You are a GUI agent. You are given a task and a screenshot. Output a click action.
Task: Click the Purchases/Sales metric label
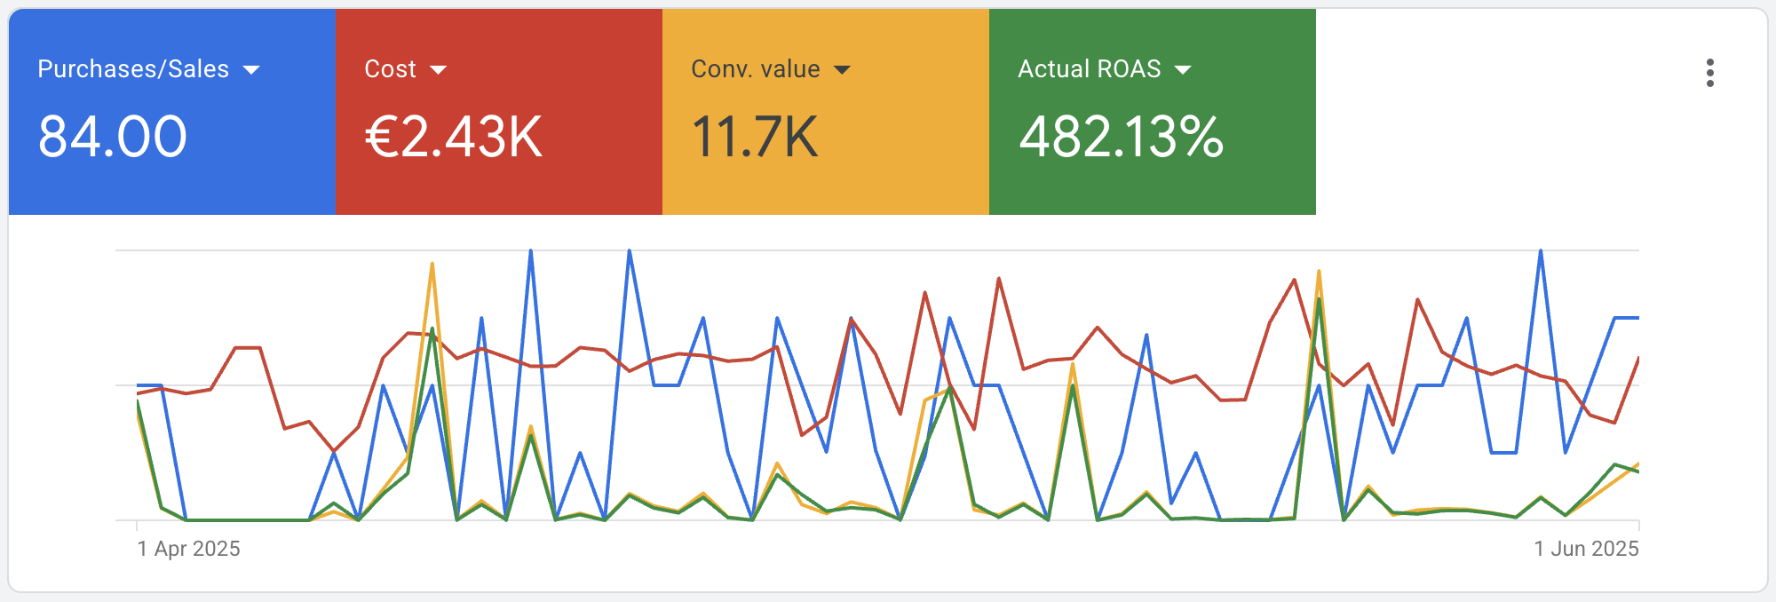(133, 69)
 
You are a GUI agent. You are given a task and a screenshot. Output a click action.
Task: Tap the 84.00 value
(113, 138)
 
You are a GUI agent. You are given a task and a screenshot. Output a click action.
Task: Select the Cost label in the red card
(390, 69)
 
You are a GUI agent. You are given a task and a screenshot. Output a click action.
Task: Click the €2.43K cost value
(453, 138)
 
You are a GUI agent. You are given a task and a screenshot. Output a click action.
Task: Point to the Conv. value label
(755, 69)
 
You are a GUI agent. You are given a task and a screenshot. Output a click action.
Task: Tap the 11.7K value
(754, 138)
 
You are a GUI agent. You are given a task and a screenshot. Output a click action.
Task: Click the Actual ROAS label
(1089, 69)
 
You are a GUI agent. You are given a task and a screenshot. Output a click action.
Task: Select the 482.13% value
(1121, 138)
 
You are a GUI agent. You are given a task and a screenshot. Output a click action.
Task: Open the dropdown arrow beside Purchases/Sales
(251, 70)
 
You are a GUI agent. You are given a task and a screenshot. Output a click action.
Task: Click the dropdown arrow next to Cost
(438, 70)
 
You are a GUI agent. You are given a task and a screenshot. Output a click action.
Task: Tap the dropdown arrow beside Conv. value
(842, 70)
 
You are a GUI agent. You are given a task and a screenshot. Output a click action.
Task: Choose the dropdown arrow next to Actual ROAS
(1183, 70)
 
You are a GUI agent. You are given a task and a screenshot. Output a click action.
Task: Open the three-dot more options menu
(1709, 73)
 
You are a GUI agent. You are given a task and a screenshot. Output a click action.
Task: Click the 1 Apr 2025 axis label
(188, 549)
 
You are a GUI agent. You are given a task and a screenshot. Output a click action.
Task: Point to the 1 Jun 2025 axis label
(1586, 549)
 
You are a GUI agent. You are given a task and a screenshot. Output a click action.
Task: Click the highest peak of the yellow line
(432, 264)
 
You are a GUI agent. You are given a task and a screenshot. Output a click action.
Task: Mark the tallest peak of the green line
(1320, 299)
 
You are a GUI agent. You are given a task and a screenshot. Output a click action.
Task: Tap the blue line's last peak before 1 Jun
(1541, 251)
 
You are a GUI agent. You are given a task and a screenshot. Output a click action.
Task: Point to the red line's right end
(1637, 358)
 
